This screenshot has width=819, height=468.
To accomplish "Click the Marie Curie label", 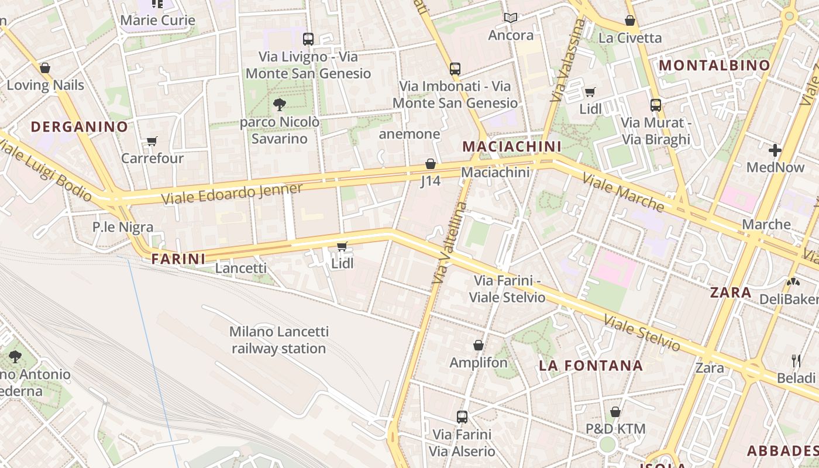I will pos(157,20).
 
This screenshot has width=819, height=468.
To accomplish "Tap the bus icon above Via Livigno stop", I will pos(308,39).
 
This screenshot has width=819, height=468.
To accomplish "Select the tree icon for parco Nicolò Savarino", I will pos(280,105).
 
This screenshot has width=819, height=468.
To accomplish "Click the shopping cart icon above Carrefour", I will pos(152,141).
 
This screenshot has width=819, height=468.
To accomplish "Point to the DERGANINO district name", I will pos(79,126).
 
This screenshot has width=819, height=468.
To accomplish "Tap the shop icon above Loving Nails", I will pos(45,68).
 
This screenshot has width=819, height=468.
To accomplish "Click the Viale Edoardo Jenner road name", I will pos(232,194).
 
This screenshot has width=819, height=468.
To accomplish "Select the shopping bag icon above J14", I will pos(431,164).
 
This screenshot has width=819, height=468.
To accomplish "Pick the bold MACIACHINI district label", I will pos(511,146).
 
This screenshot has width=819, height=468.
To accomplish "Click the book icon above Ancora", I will pos(511,18).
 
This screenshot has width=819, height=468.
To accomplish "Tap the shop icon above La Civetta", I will pos(630,21).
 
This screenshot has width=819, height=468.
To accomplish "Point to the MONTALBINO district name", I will pos(714,66).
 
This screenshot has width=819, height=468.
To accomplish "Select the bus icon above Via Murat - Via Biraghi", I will pos(656,105).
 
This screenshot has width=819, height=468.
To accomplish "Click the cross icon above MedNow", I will pos(775,150).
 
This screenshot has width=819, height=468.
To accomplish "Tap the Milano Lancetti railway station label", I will pos(278,340).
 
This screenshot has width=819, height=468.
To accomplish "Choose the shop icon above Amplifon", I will pos(479,345).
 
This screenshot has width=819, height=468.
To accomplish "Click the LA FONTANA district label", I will pos(591,366).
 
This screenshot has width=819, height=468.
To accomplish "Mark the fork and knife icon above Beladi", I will pos(796,360).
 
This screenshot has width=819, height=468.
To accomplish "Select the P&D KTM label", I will pos(615,429).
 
